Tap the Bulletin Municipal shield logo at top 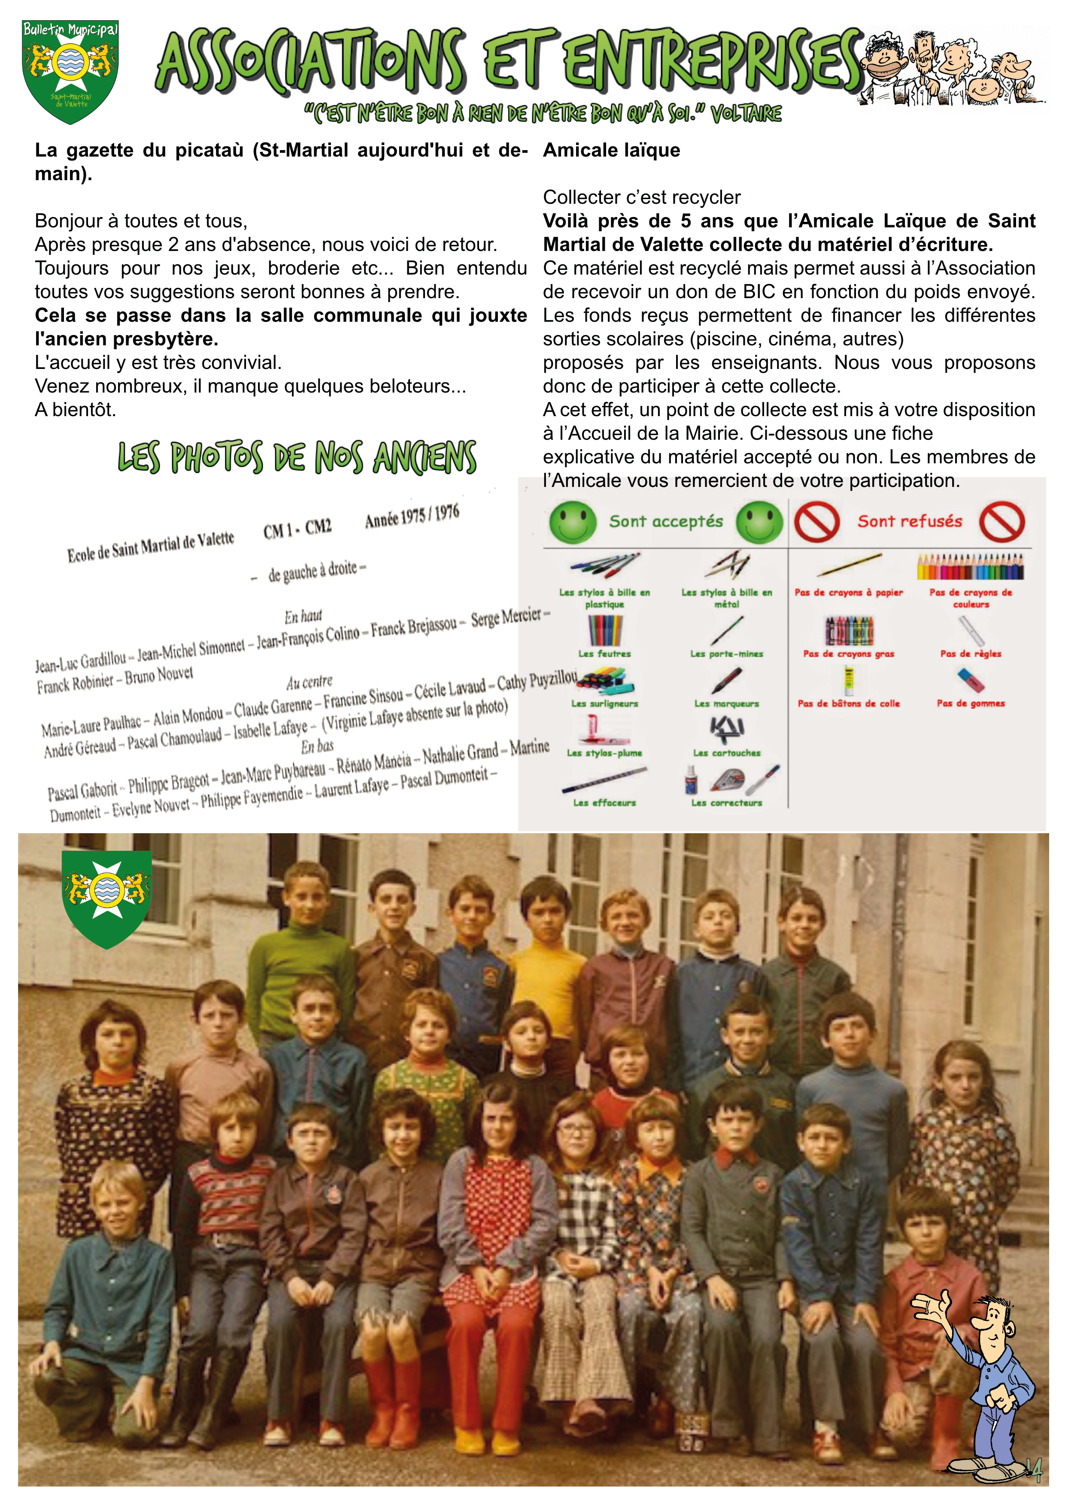tap(70, 71)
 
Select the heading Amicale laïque tap(611, 150)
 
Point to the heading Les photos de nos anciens tap(297, 457)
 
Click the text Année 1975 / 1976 tap(412, 516)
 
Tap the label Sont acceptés tap(666, 522)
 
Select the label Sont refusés tap(910, 522)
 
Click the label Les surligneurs tap(604, 703)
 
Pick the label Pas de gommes tap(971, 703)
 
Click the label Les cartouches tap(727, 753)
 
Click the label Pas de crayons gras tap(849, 653)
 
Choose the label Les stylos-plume tap(604, 753)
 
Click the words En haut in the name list tap(303, 616)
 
